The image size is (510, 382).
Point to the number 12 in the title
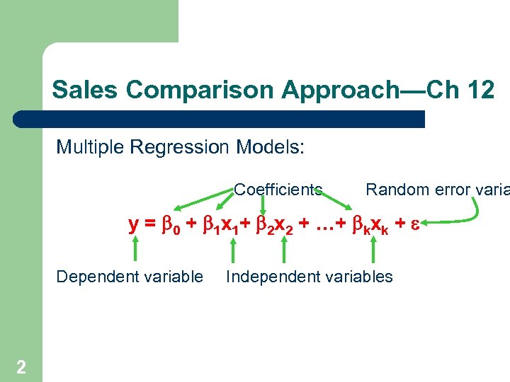[x=480, y=91]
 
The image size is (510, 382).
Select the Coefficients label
[x=278, y=190]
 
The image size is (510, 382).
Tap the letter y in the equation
[x=133, y=225]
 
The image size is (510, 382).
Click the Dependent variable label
[x=130, y=277]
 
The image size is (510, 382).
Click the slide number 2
[x=21, y=366]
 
